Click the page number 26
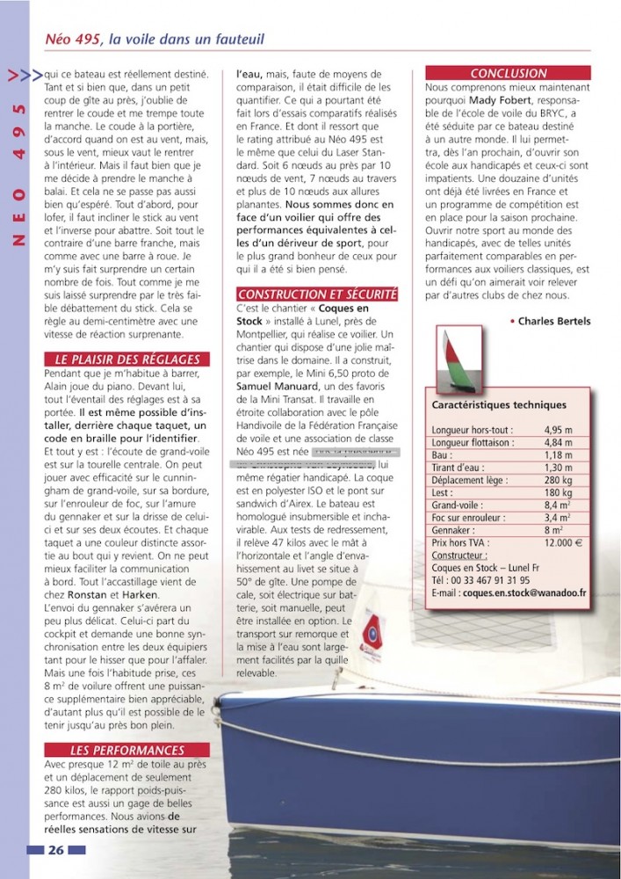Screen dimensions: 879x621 [55, 850]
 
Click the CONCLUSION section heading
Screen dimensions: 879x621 [508, 73]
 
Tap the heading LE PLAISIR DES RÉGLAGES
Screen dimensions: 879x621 [126, 359]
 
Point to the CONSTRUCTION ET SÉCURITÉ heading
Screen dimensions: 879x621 [317, 294]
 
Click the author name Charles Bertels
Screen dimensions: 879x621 [553, 322]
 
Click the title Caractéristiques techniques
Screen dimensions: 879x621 [499, 405]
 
